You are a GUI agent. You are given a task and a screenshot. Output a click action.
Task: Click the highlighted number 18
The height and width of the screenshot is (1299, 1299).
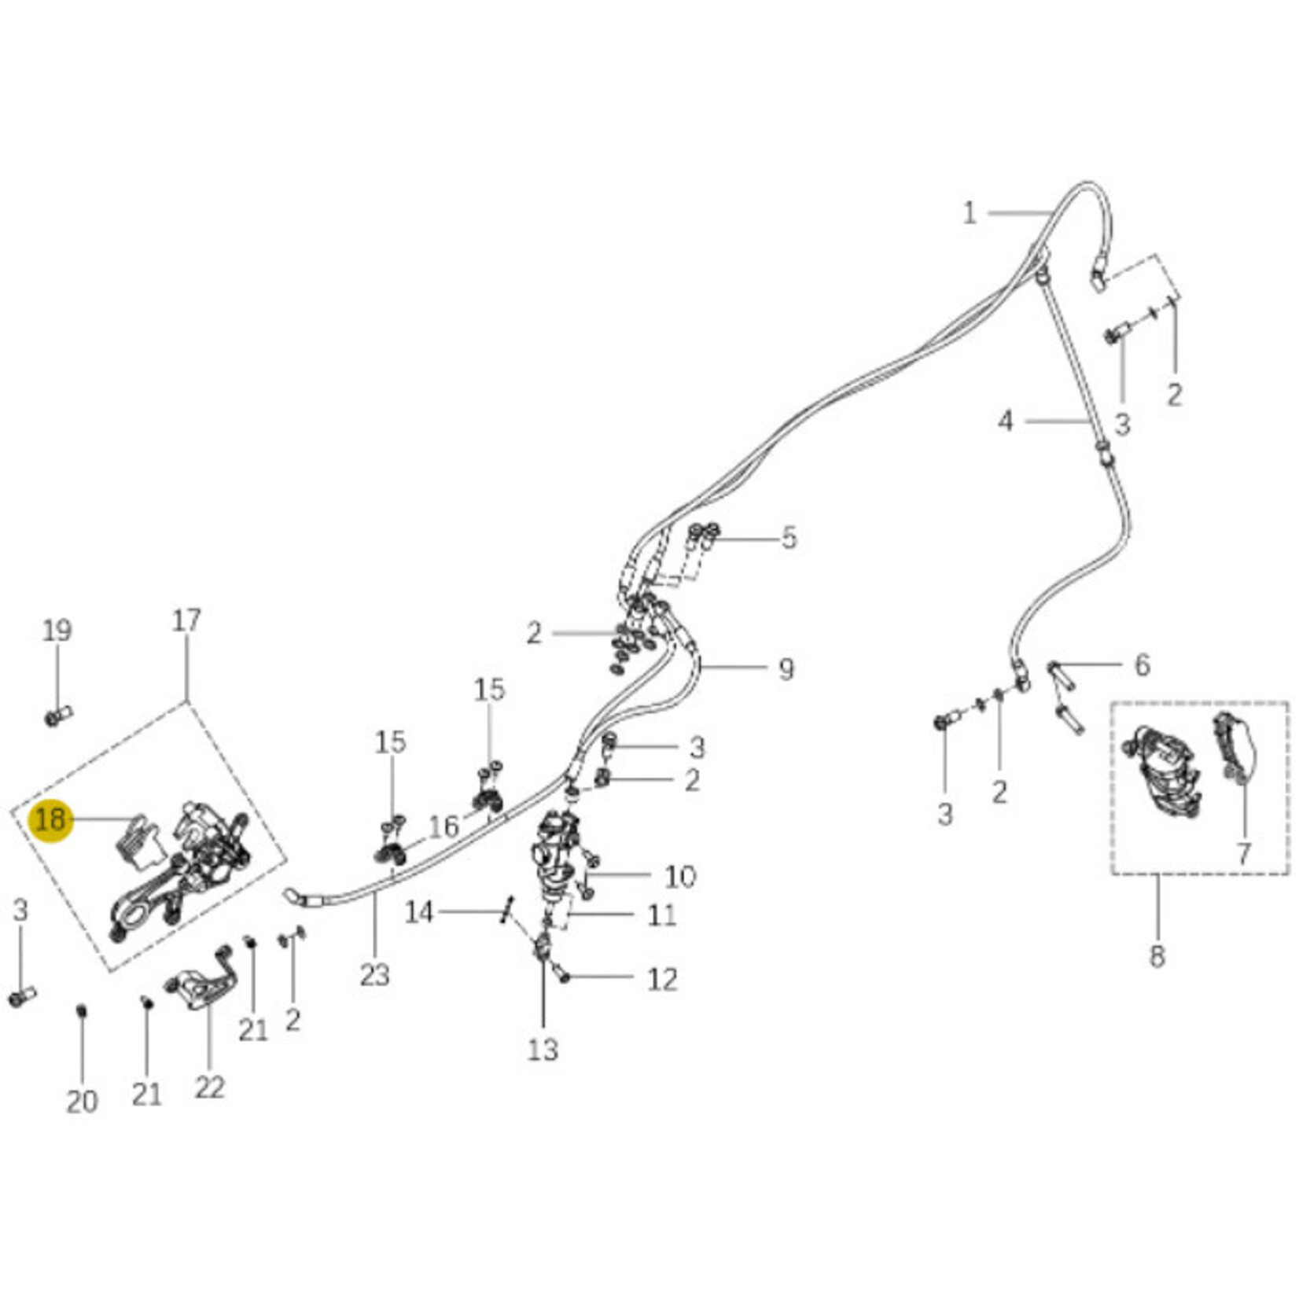point(50,820)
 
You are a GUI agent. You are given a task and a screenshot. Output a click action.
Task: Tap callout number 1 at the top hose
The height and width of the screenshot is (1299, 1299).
point(969,213)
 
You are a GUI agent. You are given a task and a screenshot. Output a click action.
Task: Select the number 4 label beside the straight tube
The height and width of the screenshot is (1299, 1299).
point(1006,421)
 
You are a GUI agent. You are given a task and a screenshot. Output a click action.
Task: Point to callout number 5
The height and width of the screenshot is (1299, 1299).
point(789,539)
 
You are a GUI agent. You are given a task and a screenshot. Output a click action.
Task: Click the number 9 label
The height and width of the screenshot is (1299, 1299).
point(786,669)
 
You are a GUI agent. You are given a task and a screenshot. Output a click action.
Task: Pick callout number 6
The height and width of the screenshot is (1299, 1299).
point(1142,665)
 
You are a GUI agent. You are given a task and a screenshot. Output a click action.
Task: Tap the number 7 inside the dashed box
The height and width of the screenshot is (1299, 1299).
point(1243,853)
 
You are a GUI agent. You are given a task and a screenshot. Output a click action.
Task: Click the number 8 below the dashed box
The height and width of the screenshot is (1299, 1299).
point(1156,957)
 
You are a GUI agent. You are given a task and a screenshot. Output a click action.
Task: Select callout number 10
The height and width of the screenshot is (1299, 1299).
point(680,876)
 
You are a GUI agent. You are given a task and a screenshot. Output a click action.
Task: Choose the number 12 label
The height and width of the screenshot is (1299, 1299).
point(661,979)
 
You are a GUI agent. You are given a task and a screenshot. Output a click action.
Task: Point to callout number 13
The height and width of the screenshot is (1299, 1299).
point(543,1049)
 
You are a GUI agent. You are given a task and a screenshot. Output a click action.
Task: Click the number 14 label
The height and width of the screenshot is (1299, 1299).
point(419,913)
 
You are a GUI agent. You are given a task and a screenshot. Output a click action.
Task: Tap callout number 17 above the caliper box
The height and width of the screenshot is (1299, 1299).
point(186,620)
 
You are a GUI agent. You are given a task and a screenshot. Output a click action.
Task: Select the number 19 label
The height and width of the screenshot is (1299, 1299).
point(57,631)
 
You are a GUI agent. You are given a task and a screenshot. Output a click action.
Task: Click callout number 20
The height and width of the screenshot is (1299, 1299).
point(82,1102)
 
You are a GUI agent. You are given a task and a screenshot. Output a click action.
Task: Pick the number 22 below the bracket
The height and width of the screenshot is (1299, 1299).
point(209,1087)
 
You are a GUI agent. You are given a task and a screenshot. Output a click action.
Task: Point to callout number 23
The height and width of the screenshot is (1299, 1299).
point(374,975)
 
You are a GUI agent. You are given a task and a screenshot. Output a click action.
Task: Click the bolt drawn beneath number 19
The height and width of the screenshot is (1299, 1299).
point(57,716)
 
